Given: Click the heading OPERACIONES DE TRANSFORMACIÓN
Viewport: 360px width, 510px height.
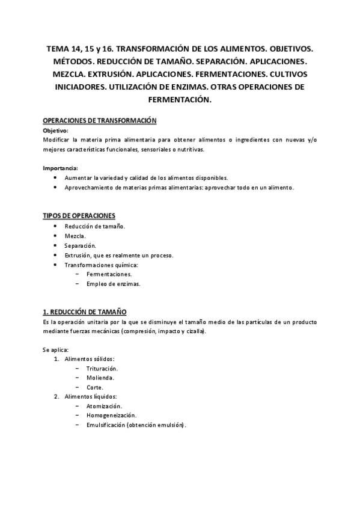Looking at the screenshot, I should pyautogui.click(x=100, y=121).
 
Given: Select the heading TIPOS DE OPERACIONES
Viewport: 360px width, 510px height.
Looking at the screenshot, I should pyautogui.click(x=79, y=215).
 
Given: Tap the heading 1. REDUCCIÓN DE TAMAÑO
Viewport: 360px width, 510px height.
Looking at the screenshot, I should pyautogui.click(x=85, y=312).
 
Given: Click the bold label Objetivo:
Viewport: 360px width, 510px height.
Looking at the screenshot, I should pyautogui.click(x=56, y=130).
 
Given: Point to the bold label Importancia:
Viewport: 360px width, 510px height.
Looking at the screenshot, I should pyautogui.click(x=61, y=168).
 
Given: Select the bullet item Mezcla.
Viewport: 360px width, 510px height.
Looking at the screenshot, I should pyautogui.click(x=75, y=236).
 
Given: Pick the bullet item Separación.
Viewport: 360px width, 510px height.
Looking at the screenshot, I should pyautogui.click(x=79, y=245).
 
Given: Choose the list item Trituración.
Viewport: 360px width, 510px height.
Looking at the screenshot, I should pyautogui.click(x=102, y=368).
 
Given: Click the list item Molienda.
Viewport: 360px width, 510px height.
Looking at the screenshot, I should pyautogui.click(x=100, y=378).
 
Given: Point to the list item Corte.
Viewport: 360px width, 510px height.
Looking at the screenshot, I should pyautogui.click(x=94, y=387).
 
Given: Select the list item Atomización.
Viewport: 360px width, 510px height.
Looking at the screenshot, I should pyautogui.click(x=104, y=406).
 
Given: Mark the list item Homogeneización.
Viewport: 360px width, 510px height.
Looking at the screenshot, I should pyautogui.click(x=111, y=416).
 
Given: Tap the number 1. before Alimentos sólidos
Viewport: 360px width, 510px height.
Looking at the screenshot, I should pyautogui.click(x=56, y=359).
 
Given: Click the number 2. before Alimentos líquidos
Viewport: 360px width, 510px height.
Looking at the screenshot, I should pyautogui.click(x=56, y=397).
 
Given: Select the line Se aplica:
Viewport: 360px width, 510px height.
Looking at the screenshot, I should pyautogui.click(x=56, y=349).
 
